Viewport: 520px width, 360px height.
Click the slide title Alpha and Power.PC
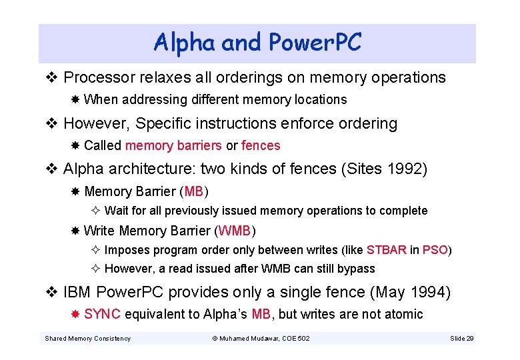(x=257, y=43)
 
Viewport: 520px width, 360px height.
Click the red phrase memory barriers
(x=173, y=145)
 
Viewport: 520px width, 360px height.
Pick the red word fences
(x=261, y=145)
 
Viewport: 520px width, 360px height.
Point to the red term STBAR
(x=387, y=250)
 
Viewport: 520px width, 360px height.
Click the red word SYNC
(x=102, y=314)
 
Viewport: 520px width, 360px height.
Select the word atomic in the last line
(x=403, y=314)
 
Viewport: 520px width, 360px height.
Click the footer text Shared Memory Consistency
(x=87, y=339)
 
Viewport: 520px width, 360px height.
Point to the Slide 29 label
(x=462, y=339)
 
